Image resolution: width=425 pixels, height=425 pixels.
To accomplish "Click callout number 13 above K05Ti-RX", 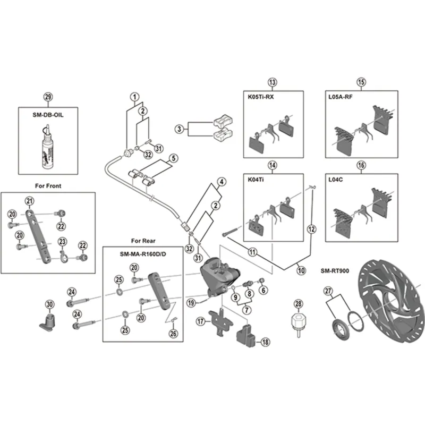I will (273, 82).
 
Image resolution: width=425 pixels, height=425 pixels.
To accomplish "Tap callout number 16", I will (362, 165).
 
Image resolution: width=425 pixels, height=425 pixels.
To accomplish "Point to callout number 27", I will (328, 291).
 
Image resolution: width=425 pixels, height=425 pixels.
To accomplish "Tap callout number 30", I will (49, 304).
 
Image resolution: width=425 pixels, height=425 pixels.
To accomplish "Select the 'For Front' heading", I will (48, 186).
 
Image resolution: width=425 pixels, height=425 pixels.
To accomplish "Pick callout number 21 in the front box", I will (29, 200).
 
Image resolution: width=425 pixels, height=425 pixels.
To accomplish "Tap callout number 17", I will (200, 321).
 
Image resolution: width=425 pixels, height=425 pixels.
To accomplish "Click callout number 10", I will (301, 270).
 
